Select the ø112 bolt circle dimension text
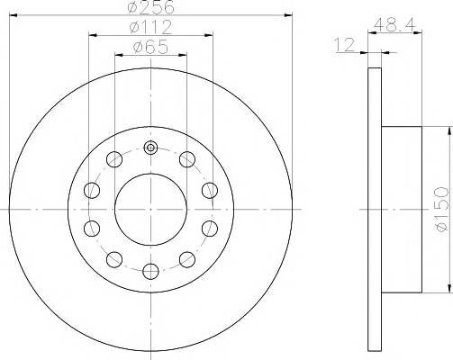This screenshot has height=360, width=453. point(150,27)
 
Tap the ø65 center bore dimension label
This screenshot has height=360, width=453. point(150,47)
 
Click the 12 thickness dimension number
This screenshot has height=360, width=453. point(345,45)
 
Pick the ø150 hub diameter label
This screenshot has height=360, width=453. point(442,209)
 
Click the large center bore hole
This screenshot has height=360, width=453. point(150,210)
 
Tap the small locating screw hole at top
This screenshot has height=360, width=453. point(150,148)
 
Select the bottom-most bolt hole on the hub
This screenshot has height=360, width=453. point(150,271)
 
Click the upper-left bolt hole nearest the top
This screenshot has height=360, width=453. point(114,159)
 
